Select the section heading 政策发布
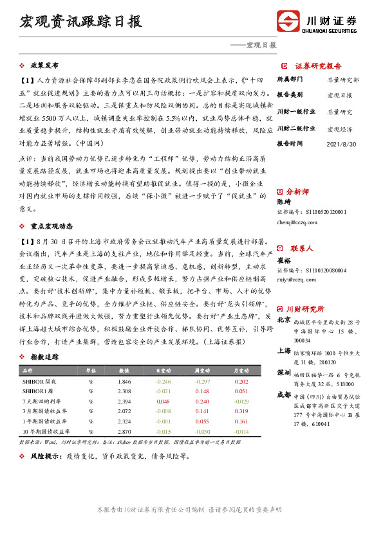tap(44, 66)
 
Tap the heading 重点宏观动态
tap(51, 226)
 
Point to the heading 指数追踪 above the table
tap(44, 357)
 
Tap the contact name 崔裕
tap(285, 260)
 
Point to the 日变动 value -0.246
tap(163, 382)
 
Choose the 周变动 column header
tap(203, 371)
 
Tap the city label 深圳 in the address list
tap(283, 373)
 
